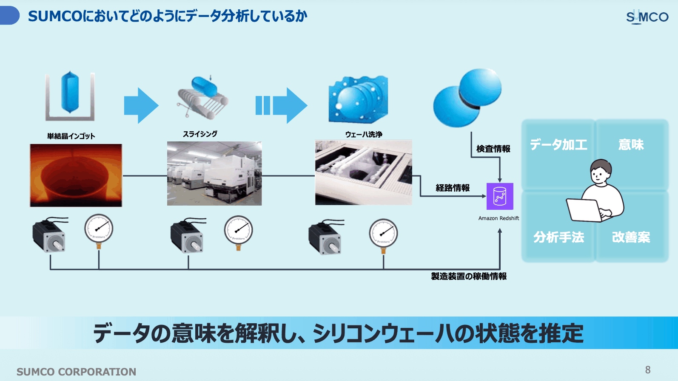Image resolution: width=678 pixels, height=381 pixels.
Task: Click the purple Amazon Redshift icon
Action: click(x=500, y=196)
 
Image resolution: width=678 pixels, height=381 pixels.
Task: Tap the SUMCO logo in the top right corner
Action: click(x=647, y=17)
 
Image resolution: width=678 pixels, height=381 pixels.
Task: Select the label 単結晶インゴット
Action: click(x=71, y=136)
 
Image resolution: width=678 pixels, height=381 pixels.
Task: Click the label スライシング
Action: click(x=200, y=134)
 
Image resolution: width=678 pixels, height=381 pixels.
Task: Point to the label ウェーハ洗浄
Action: click(x=364, y=135)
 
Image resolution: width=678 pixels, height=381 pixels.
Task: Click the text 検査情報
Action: click(x=493, y=149)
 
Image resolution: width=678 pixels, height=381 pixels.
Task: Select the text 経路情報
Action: click(x=453, y=188)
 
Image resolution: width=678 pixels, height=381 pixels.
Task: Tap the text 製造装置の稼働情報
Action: click(x=469, y=276)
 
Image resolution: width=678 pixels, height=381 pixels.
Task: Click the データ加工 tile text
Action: click(x=558, y=144)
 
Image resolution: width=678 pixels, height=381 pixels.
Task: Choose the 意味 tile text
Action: click(x=631, y=144)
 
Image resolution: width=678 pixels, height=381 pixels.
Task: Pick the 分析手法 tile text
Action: click(x=558, y=237)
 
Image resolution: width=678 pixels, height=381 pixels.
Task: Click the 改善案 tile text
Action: click(x=631, y=237)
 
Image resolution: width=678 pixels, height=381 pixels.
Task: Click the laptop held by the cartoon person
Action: click(x=584, y=210)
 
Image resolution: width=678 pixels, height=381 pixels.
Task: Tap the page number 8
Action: click(x=648, y=370)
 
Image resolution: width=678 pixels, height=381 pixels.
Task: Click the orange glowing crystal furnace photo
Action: click(x=76, y=175)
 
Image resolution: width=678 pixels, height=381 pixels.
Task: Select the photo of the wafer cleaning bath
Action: click(x=364, y=172)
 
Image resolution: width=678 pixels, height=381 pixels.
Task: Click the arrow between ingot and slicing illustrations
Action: click(x=141, y=105)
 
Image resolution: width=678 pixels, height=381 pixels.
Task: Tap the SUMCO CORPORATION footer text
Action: click(x=76, y=372)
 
